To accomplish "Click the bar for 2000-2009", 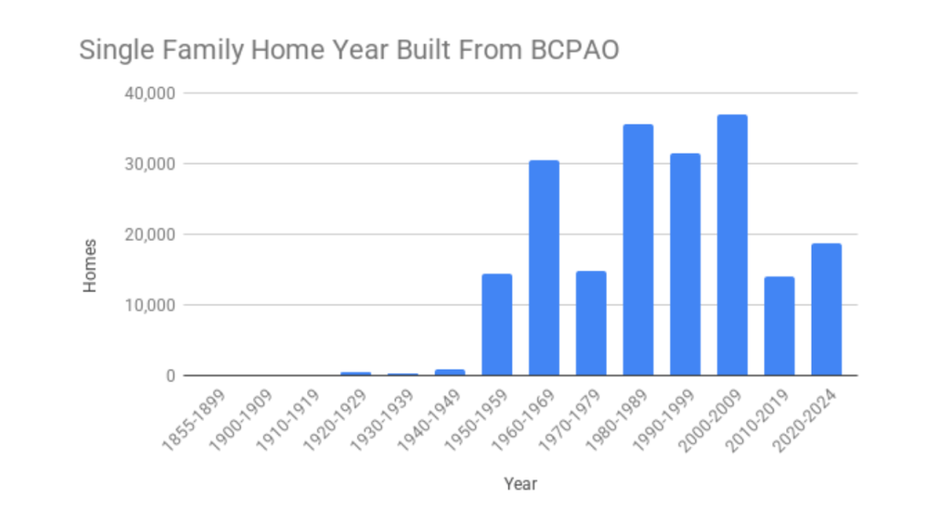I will click(x=732, y=245).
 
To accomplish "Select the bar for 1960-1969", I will click(x=544, y=268).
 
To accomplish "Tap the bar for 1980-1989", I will click(x=638, y=250).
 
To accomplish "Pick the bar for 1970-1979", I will click(x=590, y=323).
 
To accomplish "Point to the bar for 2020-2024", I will click(x=826, y=309).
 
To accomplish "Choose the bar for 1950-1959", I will click(x=496, y=325).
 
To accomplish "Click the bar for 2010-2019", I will click(x=779, y=326).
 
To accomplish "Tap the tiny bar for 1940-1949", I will click(x=450, y=372).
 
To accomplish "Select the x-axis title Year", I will click(x=520, y=484).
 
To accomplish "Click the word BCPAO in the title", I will click(x=575, y=49).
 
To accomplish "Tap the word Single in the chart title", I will click(x=108, y=50).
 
